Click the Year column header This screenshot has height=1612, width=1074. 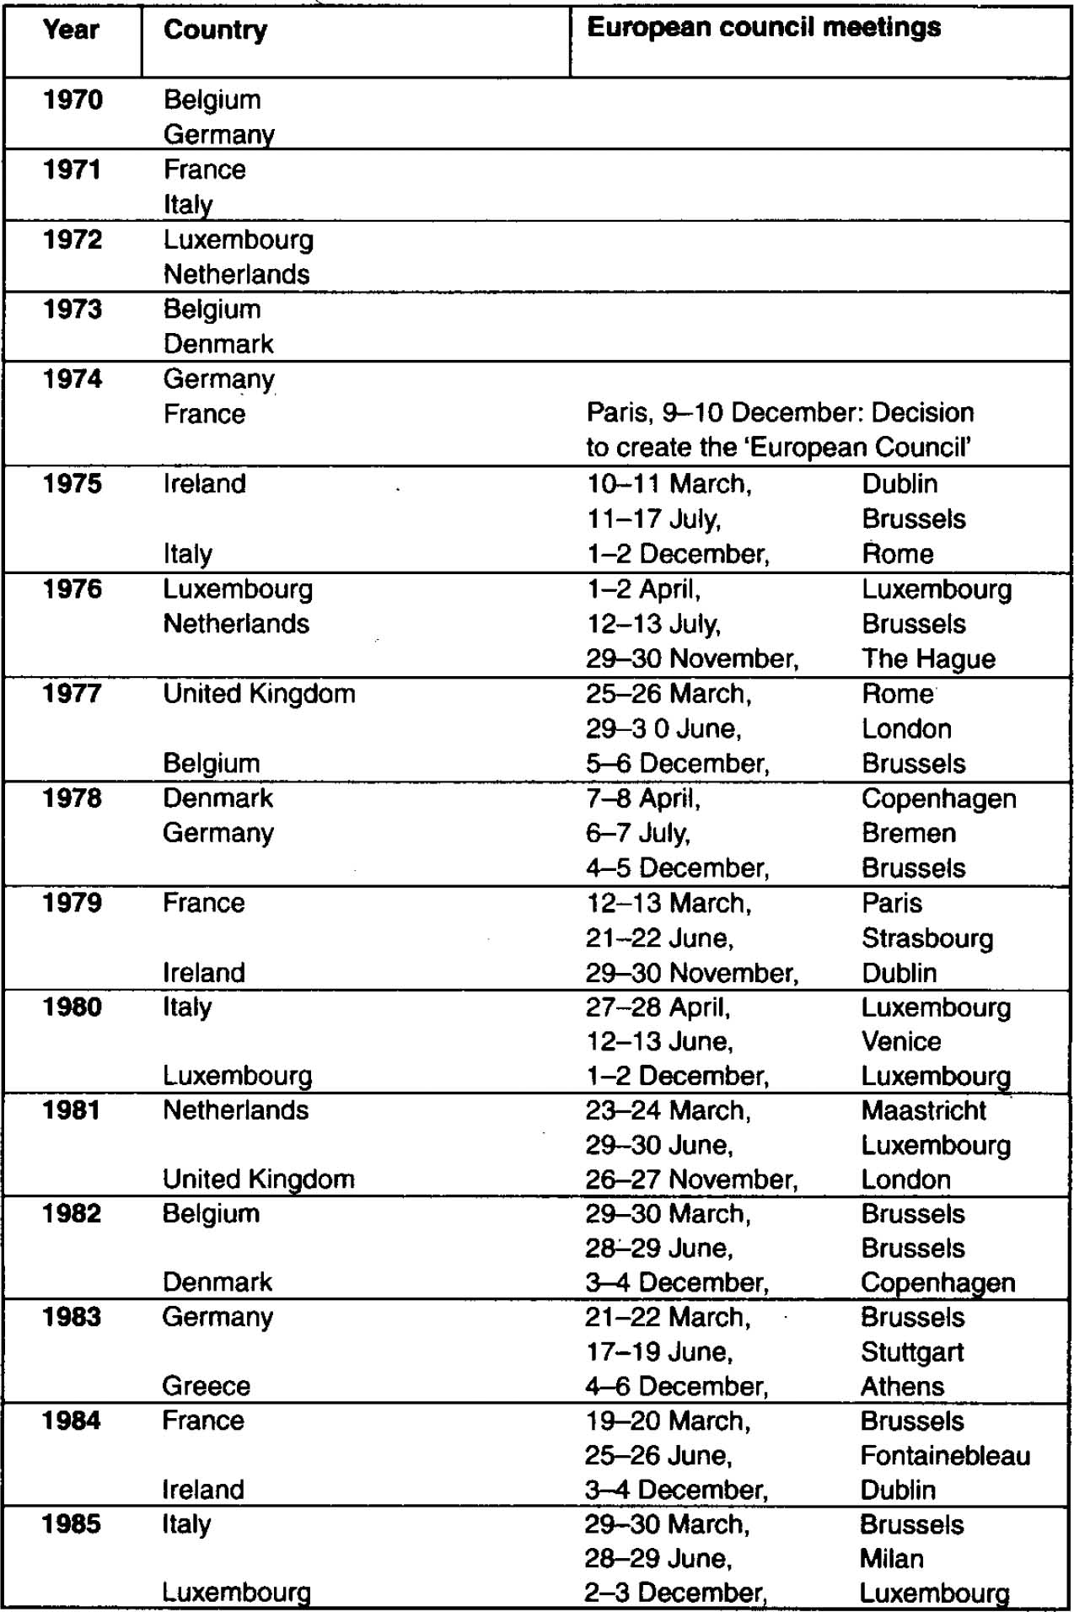tap(71, 30)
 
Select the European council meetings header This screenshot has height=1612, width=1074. tap(763, 28)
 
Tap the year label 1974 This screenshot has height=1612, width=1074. tap(72, 379)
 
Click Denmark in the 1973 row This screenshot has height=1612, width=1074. tap(218, 344)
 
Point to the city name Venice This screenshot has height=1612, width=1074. tap(900, 1041)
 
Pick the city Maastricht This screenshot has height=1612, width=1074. tap(923, 1110)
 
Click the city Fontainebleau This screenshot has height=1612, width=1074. tap(945, 1456)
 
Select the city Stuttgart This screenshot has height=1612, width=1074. tap(912, 1352)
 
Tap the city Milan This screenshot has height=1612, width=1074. tap(891, 1559)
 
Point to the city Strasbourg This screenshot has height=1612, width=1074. tap(927, 938)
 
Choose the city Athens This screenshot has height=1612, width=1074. tap(902, 1387)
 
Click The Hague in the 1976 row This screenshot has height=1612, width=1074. tap(928, 658)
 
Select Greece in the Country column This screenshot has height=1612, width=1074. tap(206, 1387)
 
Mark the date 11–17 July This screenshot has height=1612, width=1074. tap(654, 519)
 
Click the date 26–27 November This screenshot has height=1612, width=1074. tap(691, 1179)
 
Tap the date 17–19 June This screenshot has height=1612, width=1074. tap(659, 1352)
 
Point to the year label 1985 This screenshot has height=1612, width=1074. tap(72, 1524)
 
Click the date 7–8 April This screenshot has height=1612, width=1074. tap(643, 798)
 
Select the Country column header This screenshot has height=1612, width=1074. tap(215, 30)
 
